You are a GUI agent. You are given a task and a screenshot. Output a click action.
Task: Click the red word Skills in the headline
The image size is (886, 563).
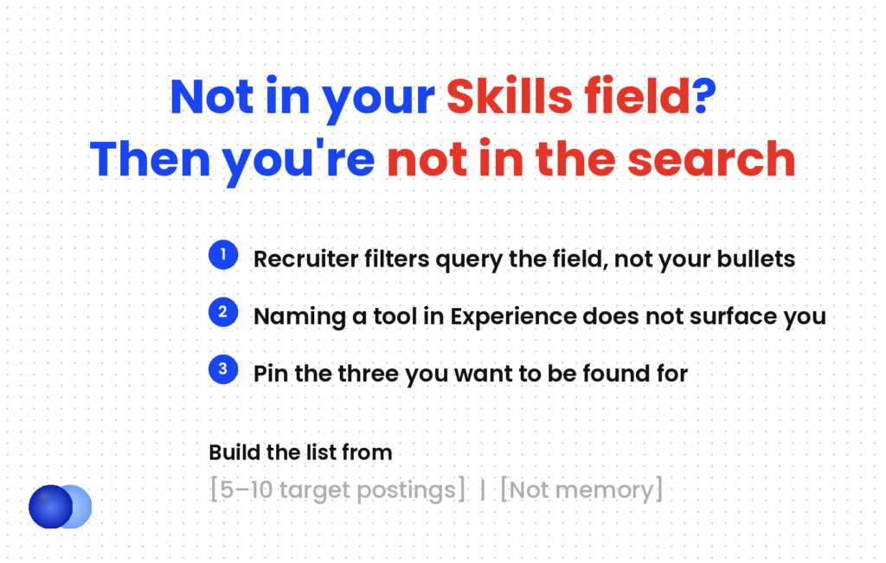[509, 97]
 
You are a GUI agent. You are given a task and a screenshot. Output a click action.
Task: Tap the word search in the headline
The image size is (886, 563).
[711, 159]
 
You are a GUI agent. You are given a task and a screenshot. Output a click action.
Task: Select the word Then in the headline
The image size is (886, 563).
[150, 159]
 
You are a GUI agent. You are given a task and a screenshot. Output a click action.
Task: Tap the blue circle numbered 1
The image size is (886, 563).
[223, 254]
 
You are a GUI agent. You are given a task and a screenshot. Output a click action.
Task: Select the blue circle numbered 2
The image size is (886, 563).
[223, 311]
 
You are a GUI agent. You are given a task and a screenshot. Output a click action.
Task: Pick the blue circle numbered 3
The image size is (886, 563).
[223, 369]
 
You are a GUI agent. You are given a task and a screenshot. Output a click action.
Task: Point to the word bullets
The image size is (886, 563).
[756, 259]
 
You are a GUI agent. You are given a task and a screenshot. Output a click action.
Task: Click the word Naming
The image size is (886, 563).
[299, 317]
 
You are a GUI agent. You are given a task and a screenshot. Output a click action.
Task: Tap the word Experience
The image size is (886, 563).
[513, 317]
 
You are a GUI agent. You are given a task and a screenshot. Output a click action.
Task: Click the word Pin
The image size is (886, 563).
[271, 374]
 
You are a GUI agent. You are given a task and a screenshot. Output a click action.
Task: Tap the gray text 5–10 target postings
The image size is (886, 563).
[338, 489]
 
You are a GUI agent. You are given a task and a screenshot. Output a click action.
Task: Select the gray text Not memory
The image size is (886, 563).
[581, 489]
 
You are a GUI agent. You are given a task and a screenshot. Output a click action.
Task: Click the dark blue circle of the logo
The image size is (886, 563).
[50, 507]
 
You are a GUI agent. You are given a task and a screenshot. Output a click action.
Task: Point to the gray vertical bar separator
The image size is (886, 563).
[483, 490]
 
